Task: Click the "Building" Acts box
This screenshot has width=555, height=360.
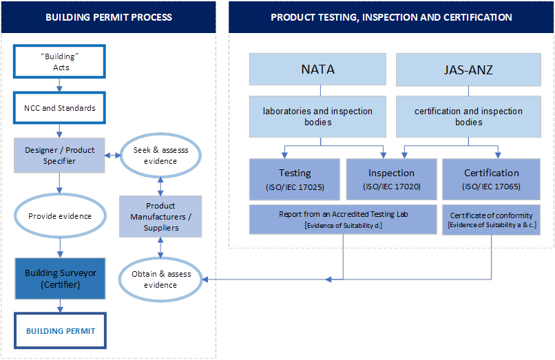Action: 61,63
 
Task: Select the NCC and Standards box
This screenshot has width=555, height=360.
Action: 61,108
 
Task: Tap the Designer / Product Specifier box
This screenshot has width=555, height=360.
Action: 60,155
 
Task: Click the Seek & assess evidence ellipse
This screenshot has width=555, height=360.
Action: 160,155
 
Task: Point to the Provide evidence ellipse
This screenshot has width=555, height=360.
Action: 60,215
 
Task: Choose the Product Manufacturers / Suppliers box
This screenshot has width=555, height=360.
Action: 160,216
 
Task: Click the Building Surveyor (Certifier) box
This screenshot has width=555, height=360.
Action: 60,278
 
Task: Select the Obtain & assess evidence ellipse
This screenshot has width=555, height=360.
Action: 160,279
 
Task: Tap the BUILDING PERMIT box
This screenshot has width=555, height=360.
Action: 61,331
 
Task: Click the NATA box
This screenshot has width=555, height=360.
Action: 317,70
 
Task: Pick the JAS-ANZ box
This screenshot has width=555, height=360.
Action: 468,70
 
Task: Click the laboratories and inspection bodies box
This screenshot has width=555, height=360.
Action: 317,116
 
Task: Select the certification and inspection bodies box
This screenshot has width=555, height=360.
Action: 468,116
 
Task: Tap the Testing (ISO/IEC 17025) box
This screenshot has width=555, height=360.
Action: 294,179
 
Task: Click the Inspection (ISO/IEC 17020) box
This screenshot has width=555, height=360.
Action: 390,179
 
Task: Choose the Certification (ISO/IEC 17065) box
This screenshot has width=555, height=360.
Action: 491,179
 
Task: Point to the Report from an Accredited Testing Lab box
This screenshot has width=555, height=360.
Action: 343,219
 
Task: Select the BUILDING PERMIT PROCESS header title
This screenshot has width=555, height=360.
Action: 109,17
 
